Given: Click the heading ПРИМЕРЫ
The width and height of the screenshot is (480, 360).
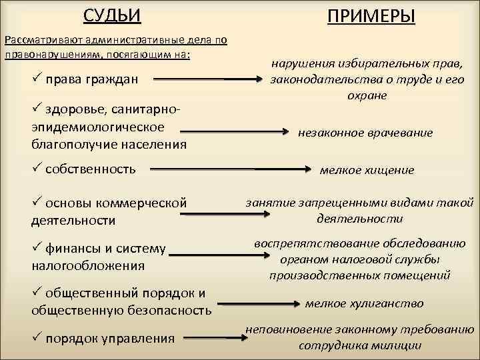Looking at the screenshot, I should (370, 15).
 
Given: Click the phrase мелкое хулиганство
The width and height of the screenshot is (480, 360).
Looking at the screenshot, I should (364, 303).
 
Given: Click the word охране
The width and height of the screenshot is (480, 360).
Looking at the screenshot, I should (366, 95).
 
